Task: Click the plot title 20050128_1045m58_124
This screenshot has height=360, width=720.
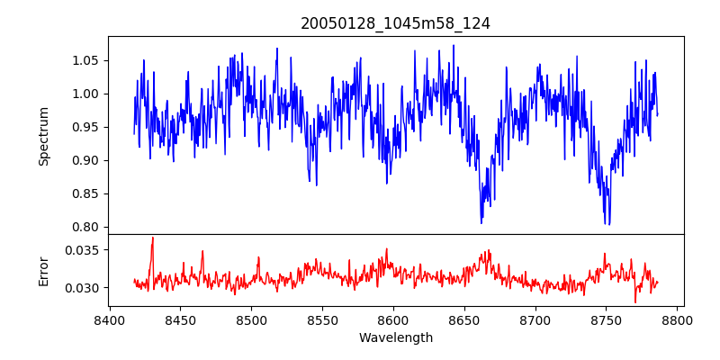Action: (x=395, y=24)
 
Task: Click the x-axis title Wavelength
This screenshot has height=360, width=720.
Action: (x=396, y=338)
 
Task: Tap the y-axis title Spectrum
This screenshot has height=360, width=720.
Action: (x=43, y=137)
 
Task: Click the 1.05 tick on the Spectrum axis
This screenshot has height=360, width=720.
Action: (x=87, y=60)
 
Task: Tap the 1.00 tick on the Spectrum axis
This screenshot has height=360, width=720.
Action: (x=87, y=94)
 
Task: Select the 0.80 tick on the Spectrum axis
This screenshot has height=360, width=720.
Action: (x=87, y=228)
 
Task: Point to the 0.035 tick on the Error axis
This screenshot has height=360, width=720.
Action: (x=83, y=250)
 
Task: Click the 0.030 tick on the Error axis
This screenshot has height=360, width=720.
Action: (x=83, y=288)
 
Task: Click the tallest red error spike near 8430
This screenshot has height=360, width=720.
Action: (x=153, y=238)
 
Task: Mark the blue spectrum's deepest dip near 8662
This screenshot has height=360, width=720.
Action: (x=481, y=223)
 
